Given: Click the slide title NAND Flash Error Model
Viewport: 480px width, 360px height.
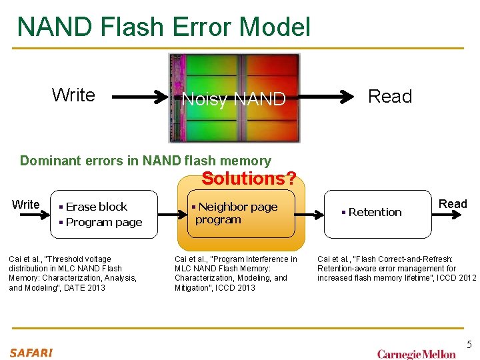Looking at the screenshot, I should [163, 27].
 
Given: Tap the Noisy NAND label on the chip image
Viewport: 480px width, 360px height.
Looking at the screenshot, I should [233, 99].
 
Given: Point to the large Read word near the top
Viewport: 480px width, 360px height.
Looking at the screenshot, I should [390, 97].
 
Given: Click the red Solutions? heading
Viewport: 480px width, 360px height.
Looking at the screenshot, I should [249, 179].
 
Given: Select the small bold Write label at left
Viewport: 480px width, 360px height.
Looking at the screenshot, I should [26, 205].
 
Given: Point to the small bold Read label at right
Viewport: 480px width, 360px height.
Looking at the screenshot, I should [453, 204].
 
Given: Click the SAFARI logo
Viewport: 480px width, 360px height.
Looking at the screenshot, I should [31, 353].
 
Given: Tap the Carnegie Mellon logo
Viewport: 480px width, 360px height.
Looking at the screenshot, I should [416, 354].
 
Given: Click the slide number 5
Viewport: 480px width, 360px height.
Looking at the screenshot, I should [469, 345].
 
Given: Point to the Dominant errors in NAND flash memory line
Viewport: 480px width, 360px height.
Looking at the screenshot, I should [145, 161].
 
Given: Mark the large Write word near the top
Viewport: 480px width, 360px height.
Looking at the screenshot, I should [73, 95].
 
